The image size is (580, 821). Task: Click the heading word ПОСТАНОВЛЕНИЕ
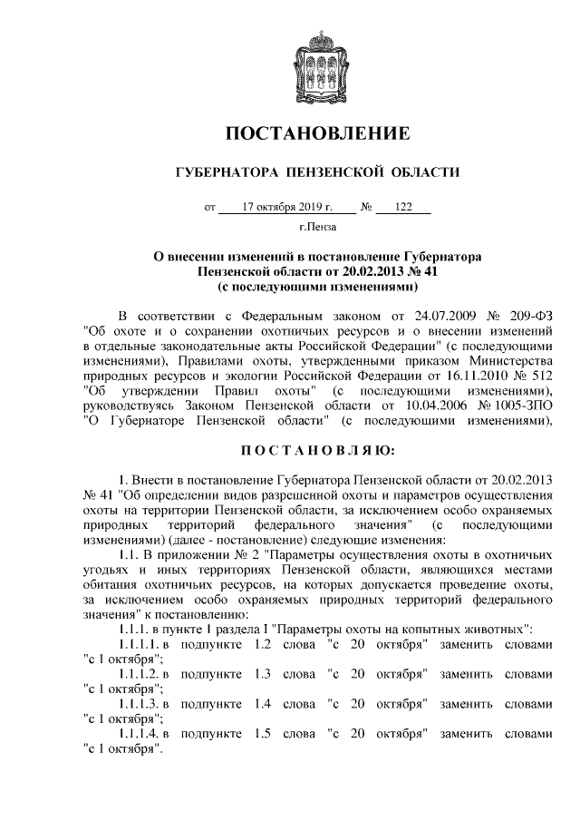click(317, 134)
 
